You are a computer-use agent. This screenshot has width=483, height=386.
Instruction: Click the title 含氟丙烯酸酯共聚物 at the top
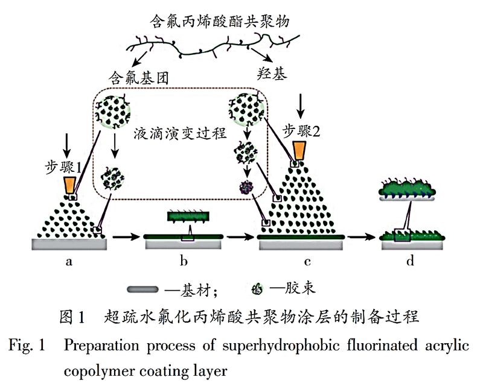(x=220, y=22)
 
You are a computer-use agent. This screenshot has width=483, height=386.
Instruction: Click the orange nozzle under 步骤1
(x=72, y=183)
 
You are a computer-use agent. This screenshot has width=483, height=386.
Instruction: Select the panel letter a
(x=69, y=261)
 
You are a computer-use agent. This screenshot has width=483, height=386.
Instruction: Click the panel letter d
(x=410, y=261)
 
